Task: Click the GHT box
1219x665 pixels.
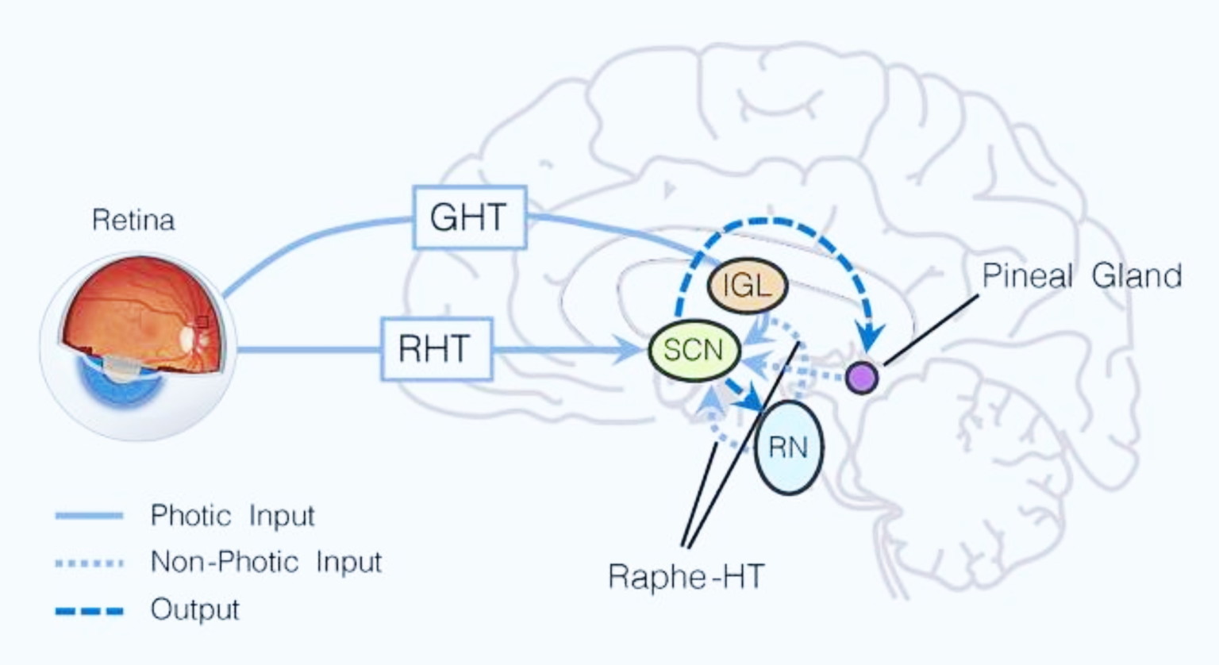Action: pos(469,217)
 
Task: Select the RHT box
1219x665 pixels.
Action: pos(436,349)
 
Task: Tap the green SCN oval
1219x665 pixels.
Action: pos(694,350)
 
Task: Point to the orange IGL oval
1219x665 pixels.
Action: pos(746,285)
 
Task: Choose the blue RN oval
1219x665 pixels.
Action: pos(788,448)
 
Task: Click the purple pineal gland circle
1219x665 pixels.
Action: pos(861,378)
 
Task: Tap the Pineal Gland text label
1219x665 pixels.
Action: pos(1082,276)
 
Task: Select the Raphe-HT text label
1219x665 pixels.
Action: pos(686,576)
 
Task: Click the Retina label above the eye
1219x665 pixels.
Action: pos(133,220)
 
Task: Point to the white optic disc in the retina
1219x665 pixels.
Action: pos(188,338)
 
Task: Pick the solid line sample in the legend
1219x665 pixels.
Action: pos(90,516)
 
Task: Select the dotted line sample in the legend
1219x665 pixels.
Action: pos(90,563)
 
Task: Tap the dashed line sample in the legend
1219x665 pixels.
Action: pos(90,611)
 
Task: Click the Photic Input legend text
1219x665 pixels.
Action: pos(233,516)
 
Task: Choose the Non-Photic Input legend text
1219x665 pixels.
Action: pos(266,563)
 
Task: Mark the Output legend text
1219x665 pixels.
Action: pos(194,609)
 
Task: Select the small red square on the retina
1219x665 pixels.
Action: pos(202,321)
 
